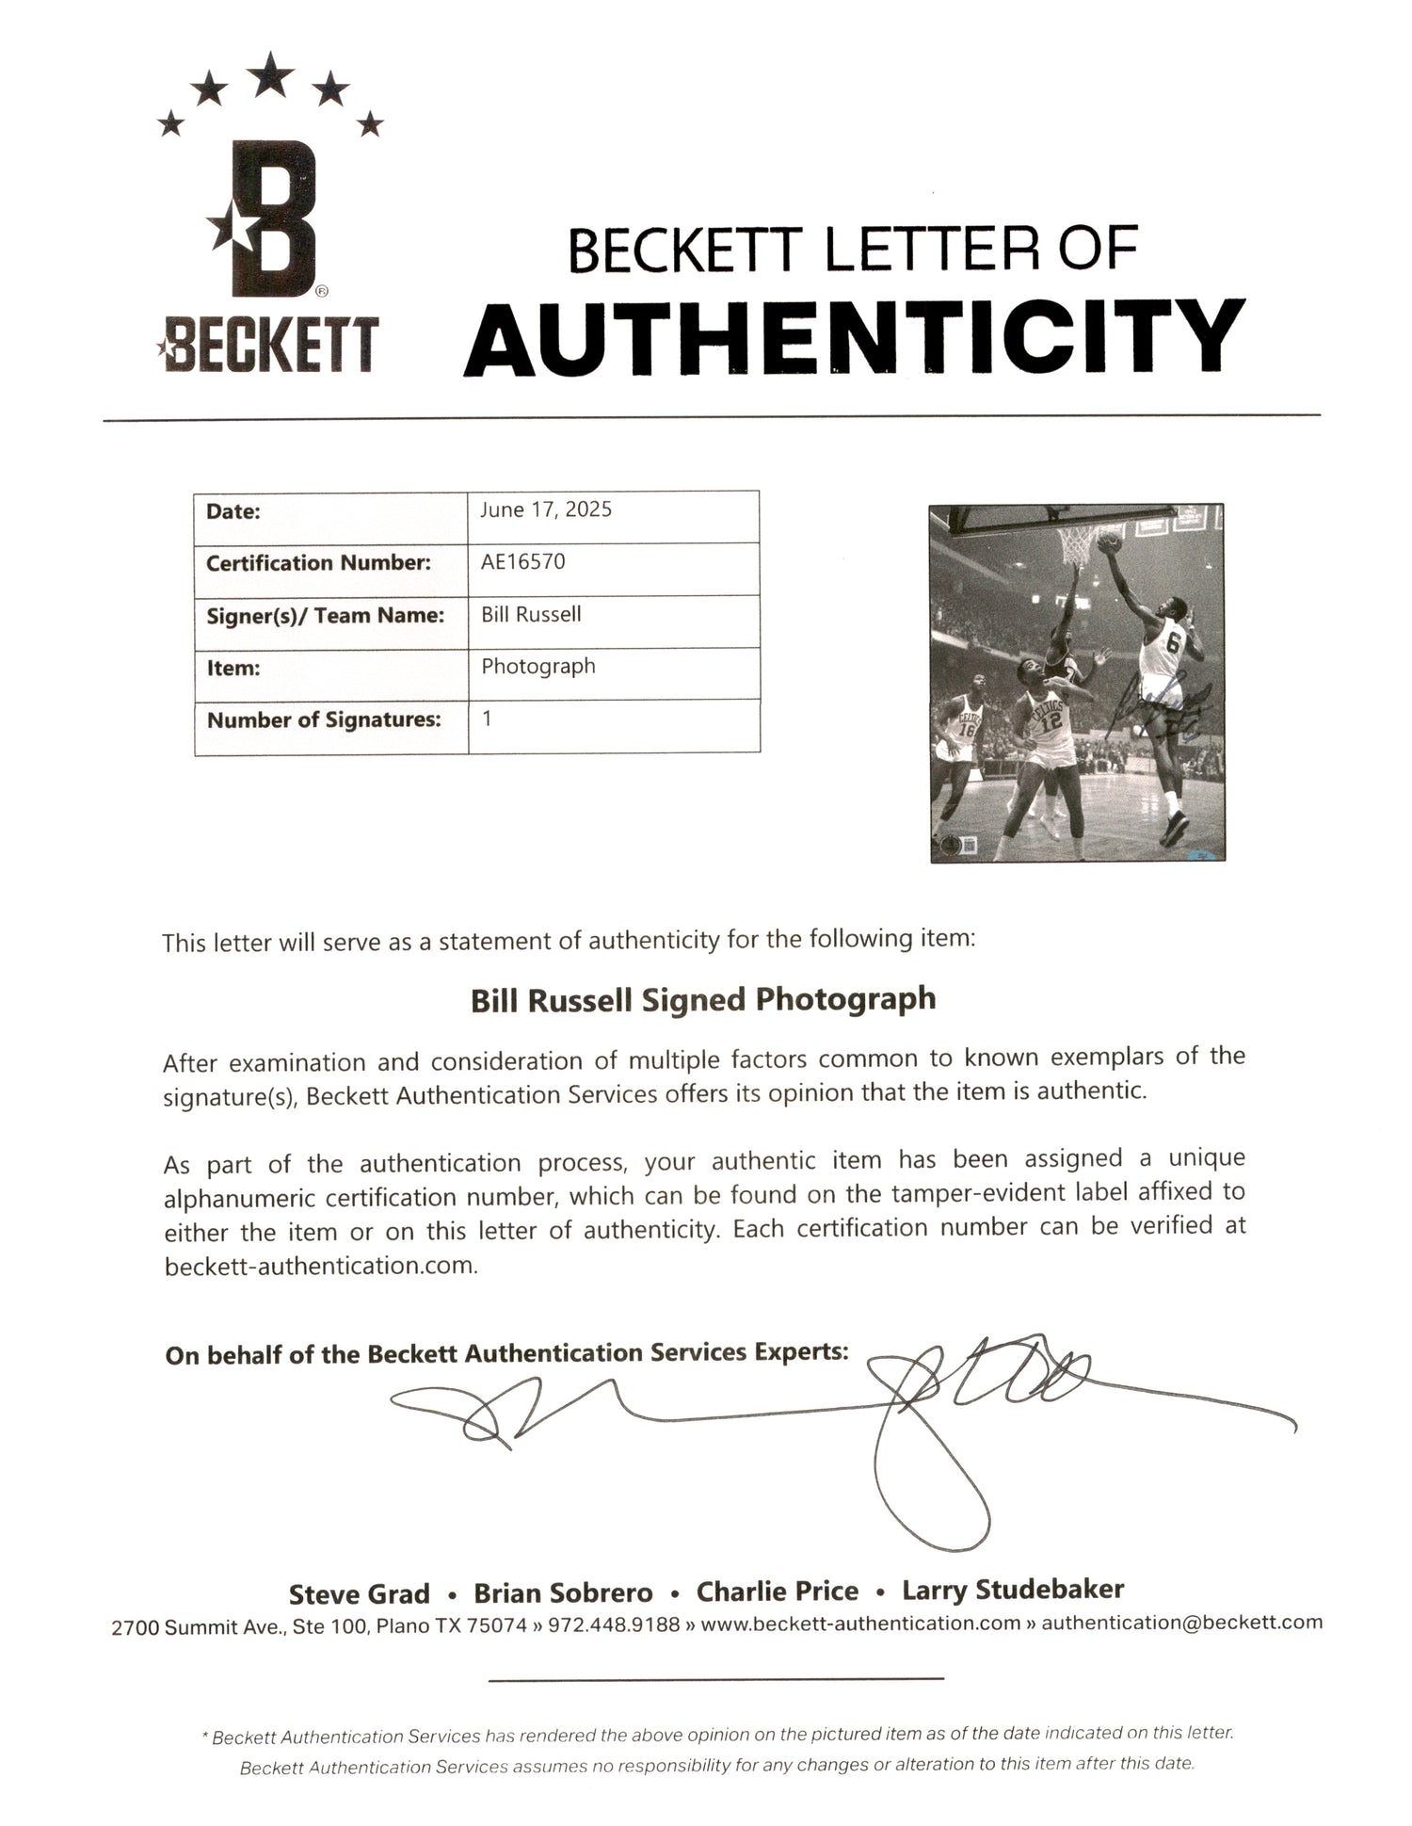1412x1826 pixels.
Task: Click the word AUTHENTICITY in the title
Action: (x=854, y=336)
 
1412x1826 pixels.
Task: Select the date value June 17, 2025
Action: (x=546, y=509)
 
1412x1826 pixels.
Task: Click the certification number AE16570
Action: (x=523, y=562)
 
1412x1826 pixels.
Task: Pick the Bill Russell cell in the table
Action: (x=531, y=614)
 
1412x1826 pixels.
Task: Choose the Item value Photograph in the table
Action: (x=538, y=666)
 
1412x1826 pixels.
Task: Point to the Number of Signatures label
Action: (x=324, y=720)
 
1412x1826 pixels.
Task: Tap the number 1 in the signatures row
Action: (x=487, y=719)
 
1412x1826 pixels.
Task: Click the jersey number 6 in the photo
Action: (x=1172, y=645)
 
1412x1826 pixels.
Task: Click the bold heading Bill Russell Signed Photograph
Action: (x=703, y=999)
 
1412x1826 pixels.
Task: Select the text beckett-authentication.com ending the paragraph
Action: (x=321, y=1266)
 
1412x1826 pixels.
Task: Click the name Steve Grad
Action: (x=359, y=1593)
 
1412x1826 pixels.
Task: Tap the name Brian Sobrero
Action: (x=563, y=1592)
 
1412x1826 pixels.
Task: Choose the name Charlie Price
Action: (x=777, y=1592)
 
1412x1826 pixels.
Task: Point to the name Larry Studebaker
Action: (x=1013, y=1590)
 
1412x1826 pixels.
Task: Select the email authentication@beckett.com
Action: (x=1181, y=1622)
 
